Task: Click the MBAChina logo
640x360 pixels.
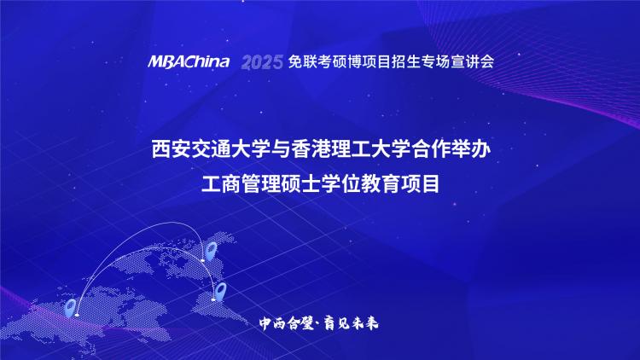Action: tap(189, 61)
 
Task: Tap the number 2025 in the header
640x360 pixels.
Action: tap(262, 62)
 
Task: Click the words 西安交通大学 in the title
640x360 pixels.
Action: tap(201, 149)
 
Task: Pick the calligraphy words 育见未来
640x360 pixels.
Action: tap(352, 323)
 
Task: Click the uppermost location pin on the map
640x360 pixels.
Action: tap(211, 250)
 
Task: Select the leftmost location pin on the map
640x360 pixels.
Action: tap(70, 308)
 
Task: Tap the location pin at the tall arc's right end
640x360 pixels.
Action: tap(211, 250)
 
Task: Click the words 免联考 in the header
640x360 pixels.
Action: tap(303, 61)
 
